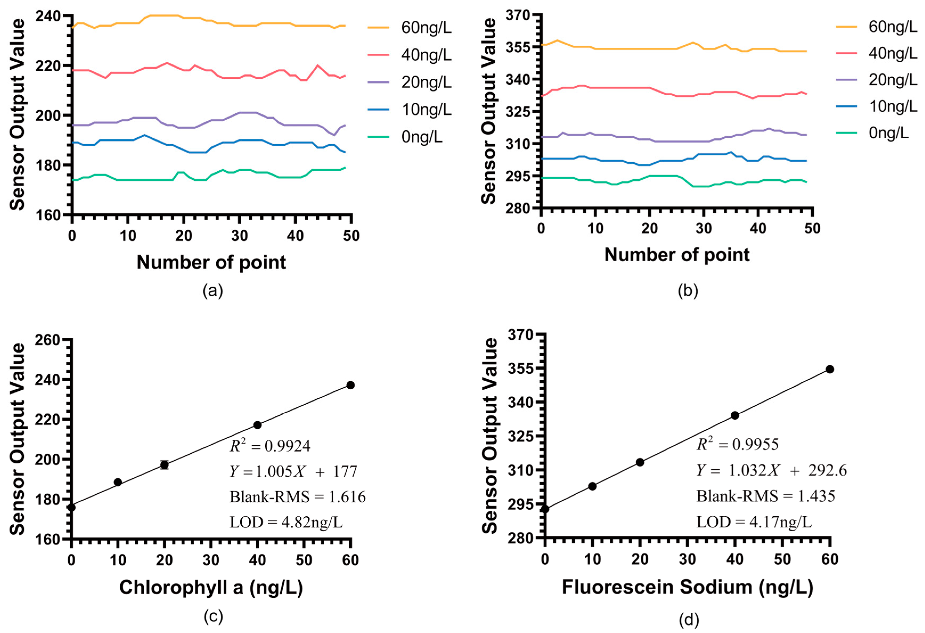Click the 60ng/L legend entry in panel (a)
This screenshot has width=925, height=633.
(x=426, y=28)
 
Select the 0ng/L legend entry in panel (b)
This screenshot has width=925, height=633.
(x=888, y=133)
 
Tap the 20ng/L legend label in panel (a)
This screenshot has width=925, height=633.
(x=426, y=82)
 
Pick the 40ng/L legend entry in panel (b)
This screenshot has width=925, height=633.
(x=892, y=53)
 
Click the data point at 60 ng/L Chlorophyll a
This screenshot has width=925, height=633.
(x=350, y=385)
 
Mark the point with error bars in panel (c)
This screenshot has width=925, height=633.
(x=164, y=465)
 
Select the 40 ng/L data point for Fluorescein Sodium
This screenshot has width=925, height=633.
(x=735, y=415)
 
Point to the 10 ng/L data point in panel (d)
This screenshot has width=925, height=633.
(x=592, y=486)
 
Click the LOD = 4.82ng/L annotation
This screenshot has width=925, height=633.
(x=286, y=522)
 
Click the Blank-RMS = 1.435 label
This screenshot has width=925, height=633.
(x=766, y=496)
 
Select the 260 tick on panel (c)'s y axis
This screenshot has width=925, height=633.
(x=48, y=340)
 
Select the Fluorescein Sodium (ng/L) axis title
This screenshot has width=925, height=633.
(x=687, y=587)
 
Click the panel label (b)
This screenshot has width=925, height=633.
(x=688, y=291)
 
